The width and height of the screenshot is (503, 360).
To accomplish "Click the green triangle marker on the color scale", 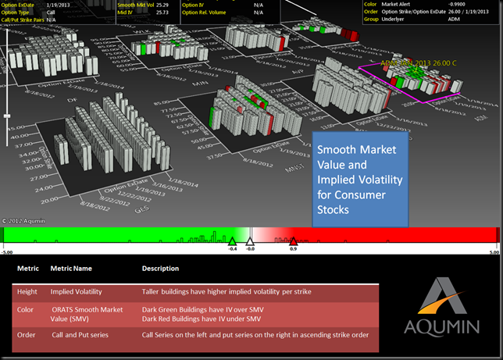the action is pyautogui.click(x=232, y=241).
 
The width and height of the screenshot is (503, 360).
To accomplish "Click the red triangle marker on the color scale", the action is pyautogui.click(x=293, y=241).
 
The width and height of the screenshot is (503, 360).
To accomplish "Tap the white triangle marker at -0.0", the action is pyautogui.click(x=250, y=241).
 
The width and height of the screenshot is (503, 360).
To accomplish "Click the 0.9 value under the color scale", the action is pyautogui.click(x=293, y=249).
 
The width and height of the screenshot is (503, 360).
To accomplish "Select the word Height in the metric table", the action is pyautogui.click(x=27, y=291).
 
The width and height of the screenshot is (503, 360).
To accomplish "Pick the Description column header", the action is pyautogui.click(x=160, y=269).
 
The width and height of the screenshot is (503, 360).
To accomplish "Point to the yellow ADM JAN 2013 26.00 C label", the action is pyautogui.click(x=415, y=62).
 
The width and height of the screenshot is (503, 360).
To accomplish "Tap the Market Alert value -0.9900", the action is pyautogui.click(x=432, y=4).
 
